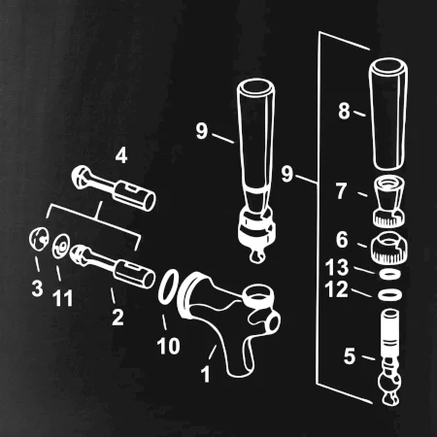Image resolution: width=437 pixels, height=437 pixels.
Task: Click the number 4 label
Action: coord(121,155)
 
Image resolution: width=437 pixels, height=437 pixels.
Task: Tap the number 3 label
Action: coord(37,287)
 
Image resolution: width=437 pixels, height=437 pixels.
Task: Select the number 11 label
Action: coord(62,298)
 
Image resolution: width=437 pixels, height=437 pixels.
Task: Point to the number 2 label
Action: coord(118,318)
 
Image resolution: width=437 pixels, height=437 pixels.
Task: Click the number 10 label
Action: coord(168,346)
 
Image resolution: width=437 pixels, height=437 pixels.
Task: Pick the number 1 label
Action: coord(206,374)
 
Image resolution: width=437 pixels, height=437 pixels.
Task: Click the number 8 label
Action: coord(344,111)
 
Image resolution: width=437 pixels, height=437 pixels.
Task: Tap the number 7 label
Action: coord(341,191)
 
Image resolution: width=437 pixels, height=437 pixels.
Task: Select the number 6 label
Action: coord(342,240)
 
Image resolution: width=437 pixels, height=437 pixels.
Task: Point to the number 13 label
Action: coord(337,267)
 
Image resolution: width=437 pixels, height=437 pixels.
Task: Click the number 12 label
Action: coord(337,289)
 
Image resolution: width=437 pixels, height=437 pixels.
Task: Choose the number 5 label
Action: coord(350,356)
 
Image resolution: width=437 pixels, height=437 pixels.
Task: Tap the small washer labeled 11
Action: coord(60,246)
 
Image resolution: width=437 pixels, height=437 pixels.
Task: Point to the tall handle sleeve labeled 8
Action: coord(388,114)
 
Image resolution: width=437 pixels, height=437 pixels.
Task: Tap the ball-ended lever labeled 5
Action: coord(389,356)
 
